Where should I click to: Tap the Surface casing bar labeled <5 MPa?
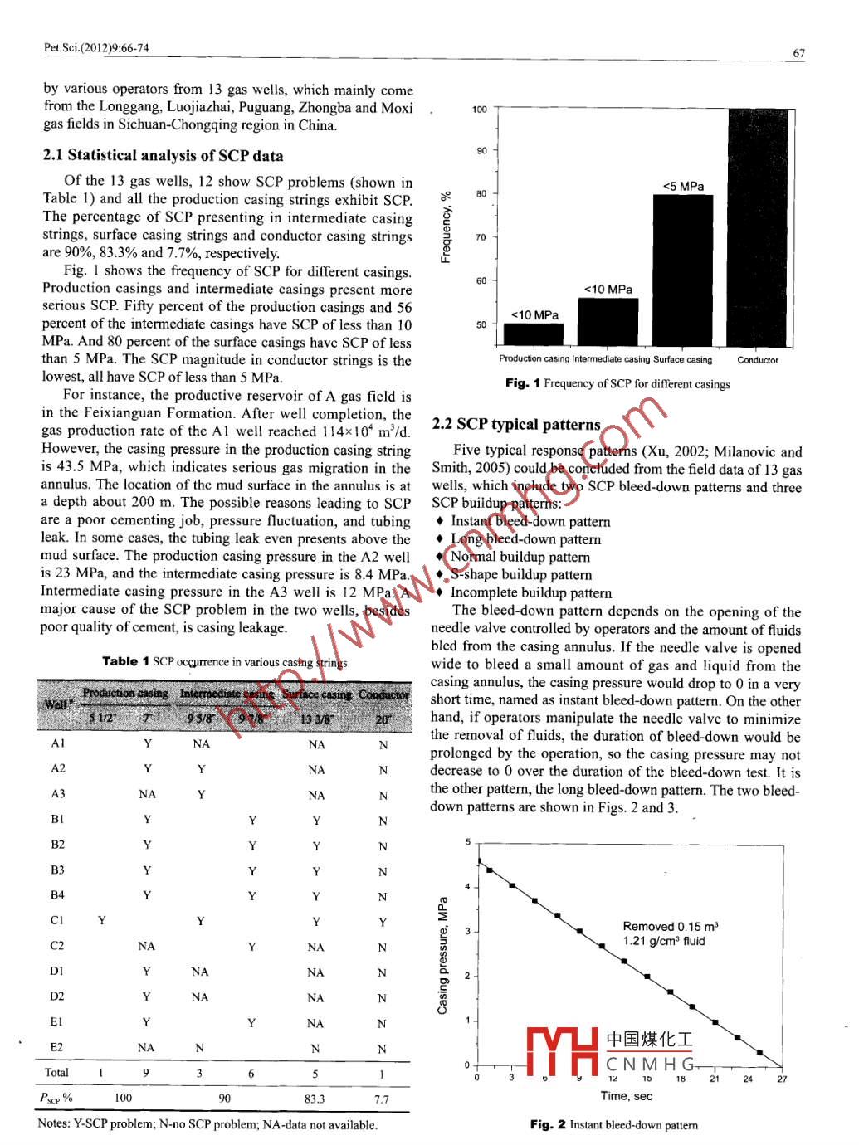(x=682, y=270)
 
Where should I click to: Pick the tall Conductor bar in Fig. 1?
(x=757, y=227)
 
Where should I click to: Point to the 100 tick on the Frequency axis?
(x=480, y=110)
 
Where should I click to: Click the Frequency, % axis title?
(x=447, y=227)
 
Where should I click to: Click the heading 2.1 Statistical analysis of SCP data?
(x=163, y=155)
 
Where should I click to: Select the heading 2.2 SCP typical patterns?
(x=515, y=424)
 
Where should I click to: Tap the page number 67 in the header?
(x=798, y=53)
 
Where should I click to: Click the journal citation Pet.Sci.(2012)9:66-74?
(x=96, y=48)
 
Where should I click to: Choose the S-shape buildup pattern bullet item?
(x=520, y=574)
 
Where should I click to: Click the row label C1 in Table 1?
(x=56, y=920)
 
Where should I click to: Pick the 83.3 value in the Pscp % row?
(x=315, y=1099)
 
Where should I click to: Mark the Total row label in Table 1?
(x=56, y=1073)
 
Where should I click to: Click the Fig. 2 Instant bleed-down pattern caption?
(x=614, y=1125)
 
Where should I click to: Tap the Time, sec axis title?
(x=626, y=1096)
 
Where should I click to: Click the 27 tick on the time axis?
(x=782, y=1079)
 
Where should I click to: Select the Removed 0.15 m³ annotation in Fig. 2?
(x=670, y=926)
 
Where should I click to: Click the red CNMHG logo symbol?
(x=562, y=1051)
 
